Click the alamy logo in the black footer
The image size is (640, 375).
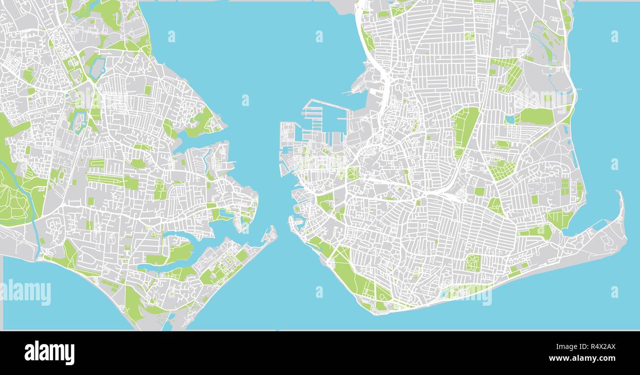[49, 353]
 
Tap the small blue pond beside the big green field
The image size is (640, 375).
[510, 119]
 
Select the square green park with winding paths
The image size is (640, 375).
[472, 262]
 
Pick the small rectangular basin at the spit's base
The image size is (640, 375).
[599, 224]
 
